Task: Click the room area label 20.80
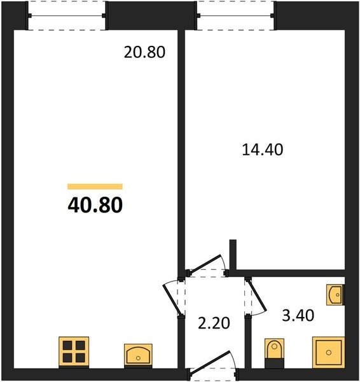[144, 52]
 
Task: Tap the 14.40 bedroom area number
[263, 150]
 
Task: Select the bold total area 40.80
[95, 205]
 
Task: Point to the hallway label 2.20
[214, 323]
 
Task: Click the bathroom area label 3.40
[298, 315]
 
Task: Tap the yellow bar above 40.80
[95, 187]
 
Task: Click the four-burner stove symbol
[74, 351]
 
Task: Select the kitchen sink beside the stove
[138, 355]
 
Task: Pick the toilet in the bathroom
[274, 353]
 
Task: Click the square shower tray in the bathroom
[329, 352]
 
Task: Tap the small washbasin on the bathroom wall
[335, 295]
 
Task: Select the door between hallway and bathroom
[256, 297]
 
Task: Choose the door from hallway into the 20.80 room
[173, 299]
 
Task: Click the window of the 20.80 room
[67, 16]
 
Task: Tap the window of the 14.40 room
[236, 16]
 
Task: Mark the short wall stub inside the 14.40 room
[233, 255]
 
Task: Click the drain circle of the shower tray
[329, 353]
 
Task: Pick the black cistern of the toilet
[274, 364]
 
